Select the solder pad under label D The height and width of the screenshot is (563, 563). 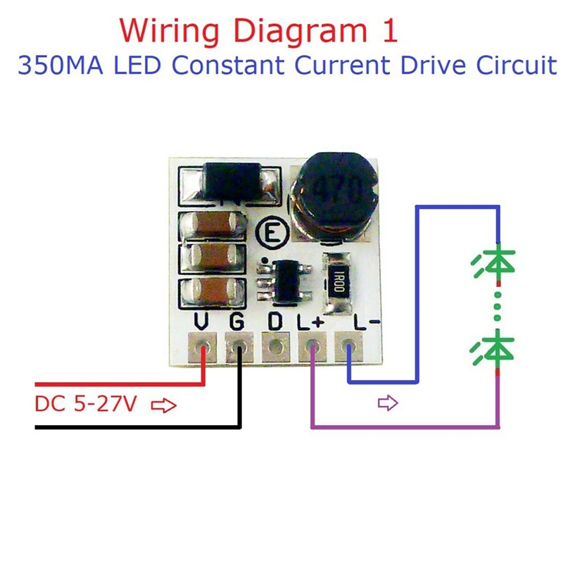(x=275, y=348)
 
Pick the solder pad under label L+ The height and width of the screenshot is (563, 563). (x=312, y=348)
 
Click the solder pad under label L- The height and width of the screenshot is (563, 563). (x=349, y=348)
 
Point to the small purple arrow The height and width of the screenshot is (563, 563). (x=388, y=403)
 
